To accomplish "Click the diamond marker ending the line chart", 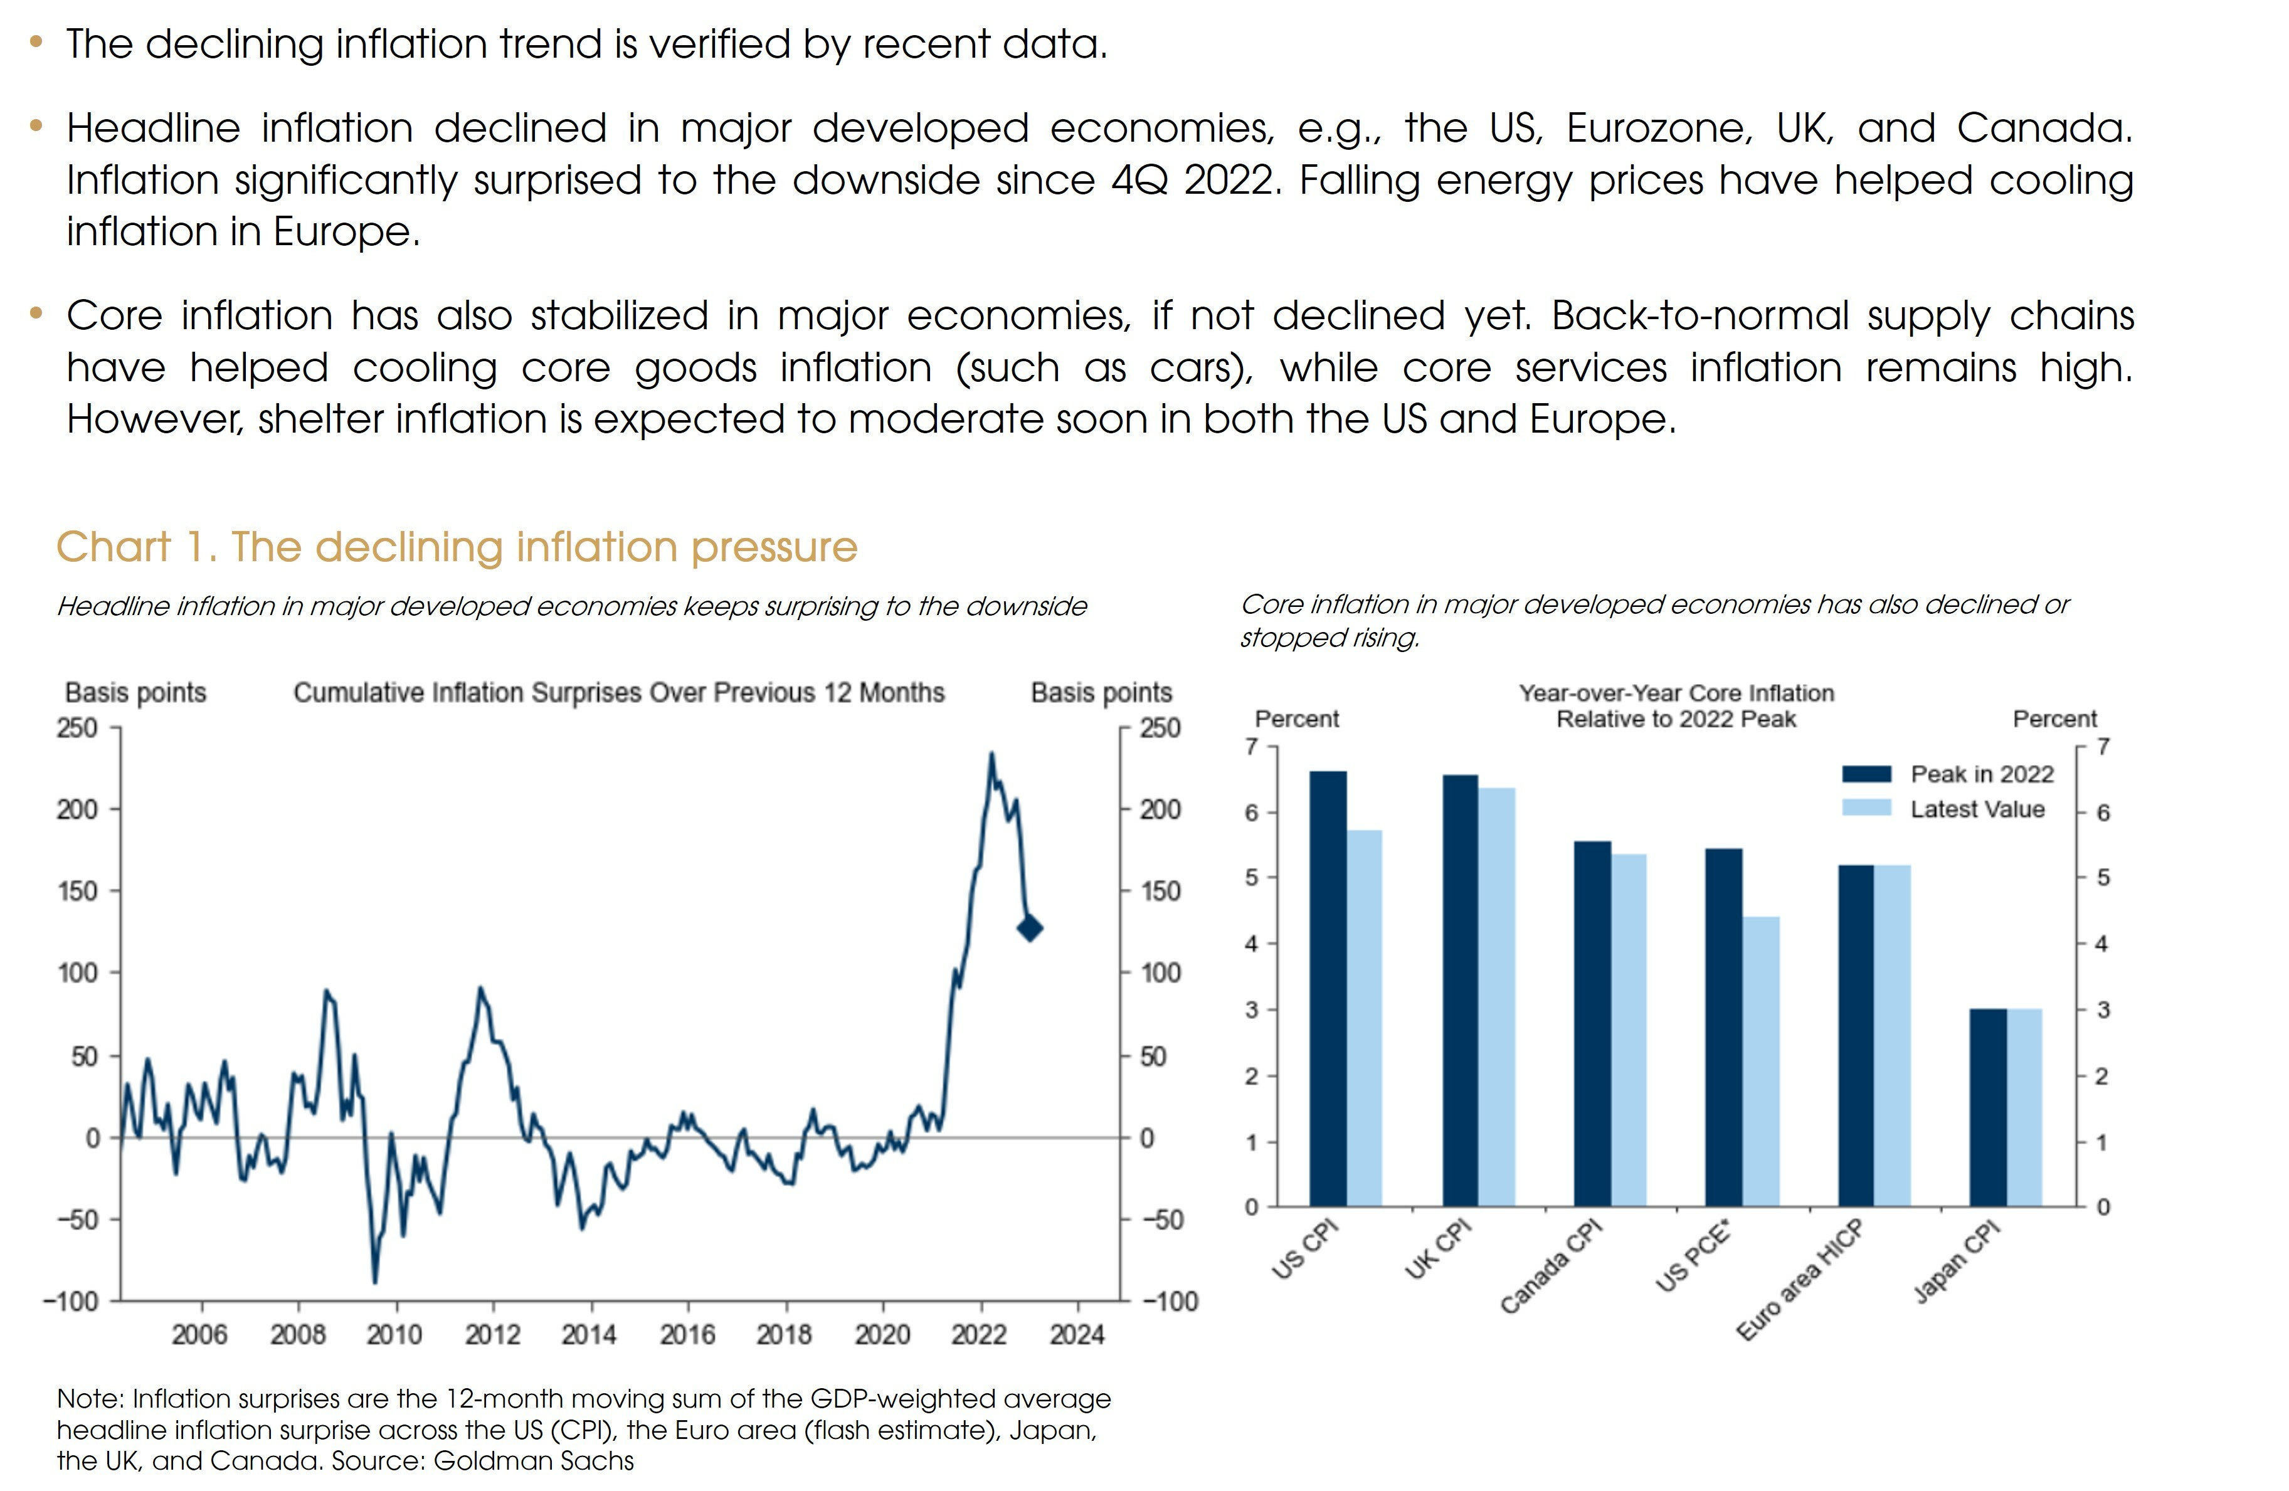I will click(1029, 929).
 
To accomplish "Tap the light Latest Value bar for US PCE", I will click(1761, 1062).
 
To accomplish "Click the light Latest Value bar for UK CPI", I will click(1496, 997).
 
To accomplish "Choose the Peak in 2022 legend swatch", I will click(1866, 774).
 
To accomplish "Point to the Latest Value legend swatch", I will click(1866, 808).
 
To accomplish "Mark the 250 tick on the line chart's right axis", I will click(1160, 728).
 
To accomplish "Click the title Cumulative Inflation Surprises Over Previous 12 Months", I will click(618, 693).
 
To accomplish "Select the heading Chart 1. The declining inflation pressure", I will click(457, 547).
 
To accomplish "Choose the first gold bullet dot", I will click(36, 41).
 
